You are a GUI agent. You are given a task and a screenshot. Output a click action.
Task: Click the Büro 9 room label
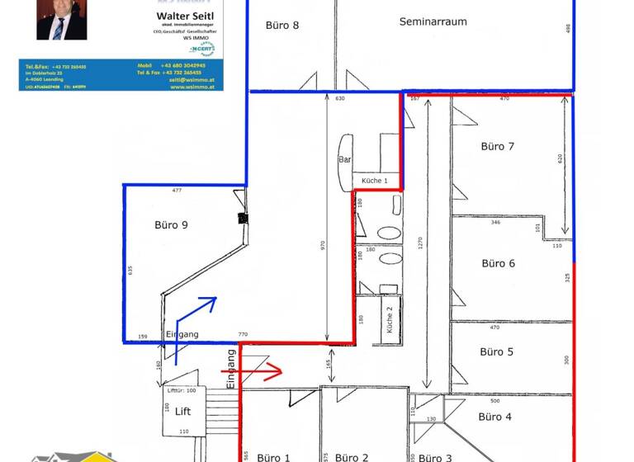click(x=172, y=224)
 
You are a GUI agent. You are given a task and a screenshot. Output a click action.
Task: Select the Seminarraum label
click(x=433, y=21)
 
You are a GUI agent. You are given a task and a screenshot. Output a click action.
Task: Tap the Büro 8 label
click(x=282, y=25)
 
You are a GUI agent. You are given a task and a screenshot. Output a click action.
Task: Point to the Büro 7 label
click(x=498, y=146)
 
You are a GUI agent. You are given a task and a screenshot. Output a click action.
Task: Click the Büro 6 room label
click(x=498, y=263)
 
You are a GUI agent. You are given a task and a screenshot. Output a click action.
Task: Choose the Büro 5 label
click(x=497, y=351)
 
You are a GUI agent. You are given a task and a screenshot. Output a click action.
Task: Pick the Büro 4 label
click(x=495, y=417)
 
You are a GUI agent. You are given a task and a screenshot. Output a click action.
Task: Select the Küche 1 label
click(x=374, y=181)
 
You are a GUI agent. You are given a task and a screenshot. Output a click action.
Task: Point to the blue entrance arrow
click(x=196, y=318)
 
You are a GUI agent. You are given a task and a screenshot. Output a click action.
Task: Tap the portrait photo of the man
click(x=61, y=19)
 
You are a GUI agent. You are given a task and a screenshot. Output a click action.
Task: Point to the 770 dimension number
click(x=243, y=335)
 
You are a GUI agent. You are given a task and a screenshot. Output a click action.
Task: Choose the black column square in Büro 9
click(x=243, y=219)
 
